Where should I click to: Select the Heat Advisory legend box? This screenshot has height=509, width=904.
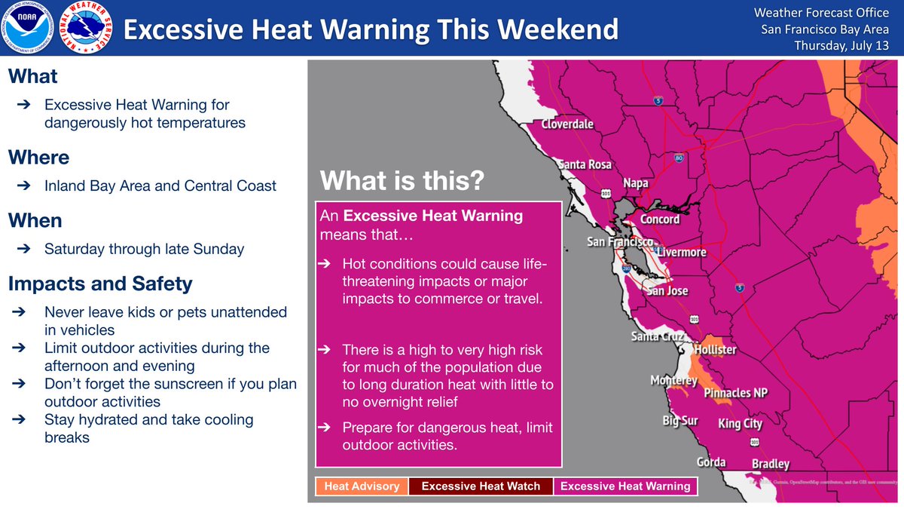click(x=362, y=486)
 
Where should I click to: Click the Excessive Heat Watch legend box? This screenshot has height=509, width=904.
click(x=481, y=486)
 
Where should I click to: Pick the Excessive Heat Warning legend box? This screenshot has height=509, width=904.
click(x=625, y=486)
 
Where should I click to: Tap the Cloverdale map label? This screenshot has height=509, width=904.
click(x=567, y=124)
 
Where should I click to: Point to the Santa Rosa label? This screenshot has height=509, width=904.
click(x=585, y=164)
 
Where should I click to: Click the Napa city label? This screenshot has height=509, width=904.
click(x=636, y=183)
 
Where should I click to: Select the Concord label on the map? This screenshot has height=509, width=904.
click(x=659, y=219)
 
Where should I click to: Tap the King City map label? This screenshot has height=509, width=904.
click(x=740, y=423)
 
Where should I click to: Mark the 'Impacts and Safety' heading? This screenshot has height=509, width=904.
click(x=100, y=284)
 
